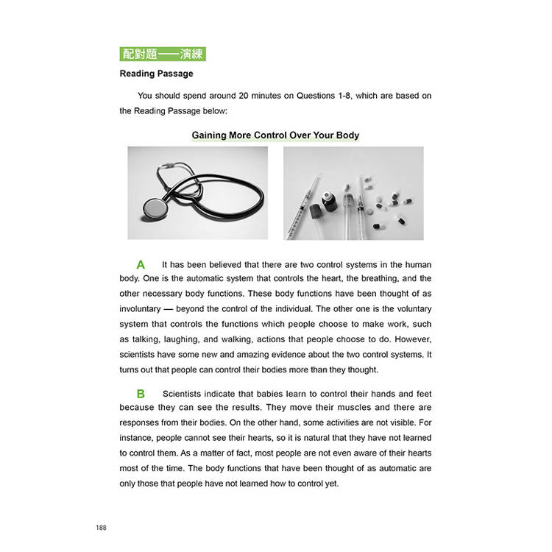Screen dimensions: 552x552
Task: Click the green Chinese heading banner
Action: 162,54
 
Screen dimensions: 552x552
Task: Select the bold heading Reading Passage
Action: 156,74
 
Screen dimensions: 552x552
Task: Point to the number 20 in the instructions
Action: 244,96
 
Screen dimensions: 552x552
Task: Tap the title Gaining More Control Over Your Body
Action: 275,135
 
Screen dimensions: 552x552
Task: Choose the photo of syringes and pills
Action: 353,193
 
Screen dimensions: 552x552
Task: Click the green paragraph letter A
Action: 141,264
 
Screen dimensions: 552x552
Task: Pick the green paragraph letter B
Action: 141,394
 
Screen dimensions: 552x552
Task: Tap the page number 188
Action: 102,528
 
